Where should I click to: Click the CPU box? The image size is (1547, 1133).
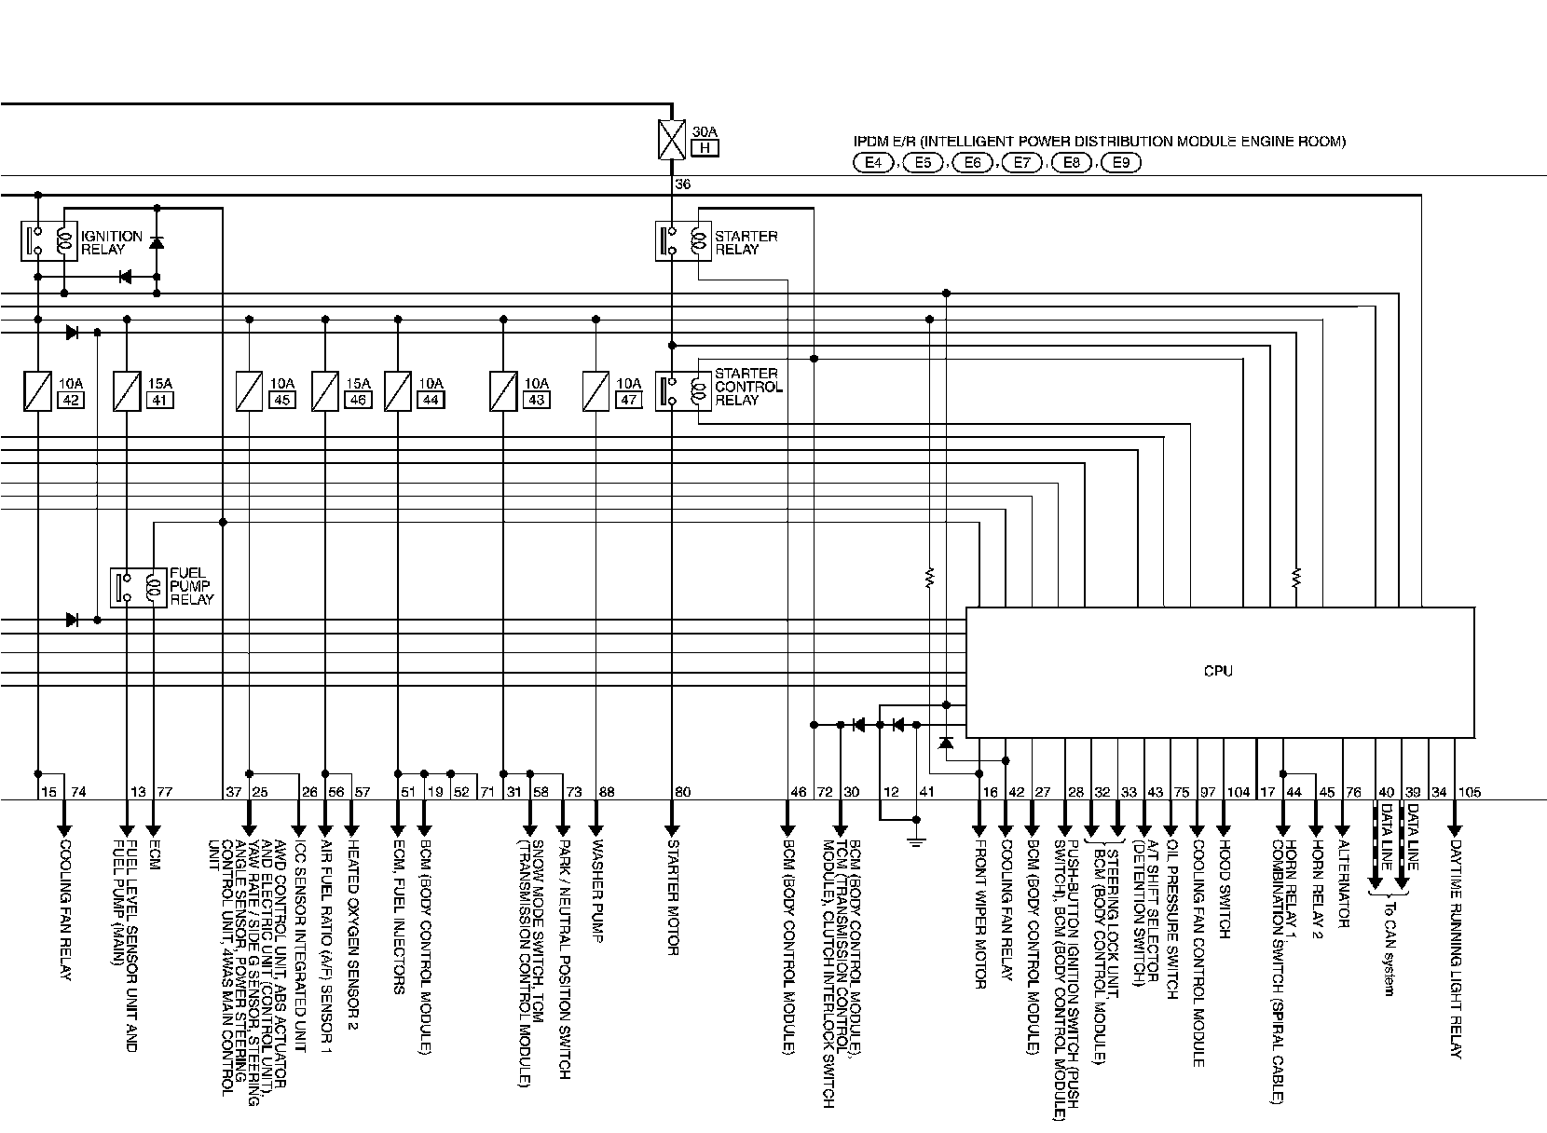click(x=1219, y=672)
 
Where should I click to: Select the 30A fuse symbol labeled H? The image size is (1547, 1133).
click(x=671, y=137)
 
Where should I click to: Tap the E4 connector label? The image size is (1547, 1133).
click(x=873, y=163)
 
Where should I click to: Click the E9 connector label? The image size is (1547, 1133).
click(x=1120, y=163)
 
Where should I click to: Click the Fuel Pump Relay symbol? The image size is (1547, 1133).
click(x=138, y=586)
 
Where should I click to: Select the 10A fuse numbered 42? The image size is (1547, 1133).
click(x=37, y=391)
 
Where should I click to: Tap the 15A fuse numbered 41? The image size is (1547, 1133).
click(x=127, y=391)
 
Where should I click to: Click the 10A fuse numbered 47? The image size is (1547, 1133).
click(x=596, y=391)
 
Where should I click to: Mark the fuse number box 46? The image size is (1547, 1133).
click(x=357, y=400)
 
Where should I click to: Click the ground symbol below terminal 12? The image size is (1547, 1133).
click(x=916, y=840)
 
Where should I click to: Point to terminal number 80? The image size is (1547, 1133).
click(x=683, y=792)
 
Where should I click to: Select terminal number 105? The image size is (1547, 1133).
click(x=1469, y=792)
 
